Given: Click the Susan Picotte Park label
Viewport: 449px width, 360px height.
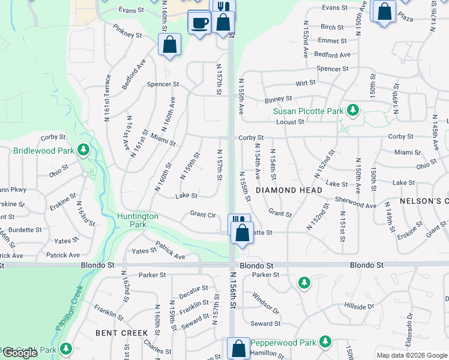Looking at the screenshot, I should (x=308, y=111).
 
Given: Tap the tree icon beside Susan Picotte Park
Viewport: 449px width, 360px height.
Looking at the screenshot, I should (x=354, y=110).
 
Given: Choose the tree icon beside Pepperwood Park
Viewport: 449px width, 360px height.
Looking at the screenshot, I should (x=326, y=341).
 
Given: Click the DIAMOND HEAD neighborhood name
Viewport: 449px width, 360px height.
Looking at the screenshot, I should (x=289, y=190).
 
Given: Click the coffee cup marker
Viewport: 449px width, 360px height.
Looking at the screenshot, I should (x=199, y=23).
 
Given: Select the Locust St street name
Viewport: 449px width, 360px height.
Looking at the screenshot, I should (x=291, y=122).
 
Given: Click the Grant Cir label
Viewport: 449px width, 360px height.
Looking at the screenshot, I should (x=203, y=214).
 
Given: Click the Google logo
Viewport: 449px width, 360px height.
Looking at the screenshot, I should (x=20, y=353).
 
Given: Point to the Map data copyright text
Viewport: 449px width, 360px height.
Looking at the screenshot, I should (x=411, y=355).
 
